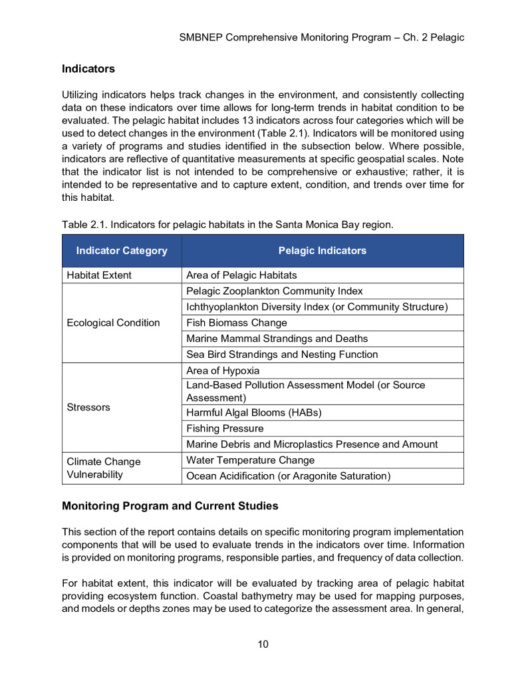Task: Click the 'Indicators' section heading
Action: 88,68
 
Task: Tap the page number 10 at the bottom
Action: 263,644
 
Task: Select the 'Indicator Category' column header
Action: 122,251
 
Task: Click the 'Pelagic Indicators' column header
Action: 322,251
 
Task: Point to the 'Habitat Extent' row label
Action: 99,275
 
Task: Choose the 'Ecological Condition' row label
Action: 113,323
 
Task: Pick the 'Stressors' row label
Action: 88,407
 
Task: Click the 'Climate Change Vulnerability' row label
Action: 104,468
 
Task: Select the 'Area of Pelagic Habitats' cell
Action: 241,275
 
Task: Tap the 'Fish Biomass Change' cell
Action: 237,323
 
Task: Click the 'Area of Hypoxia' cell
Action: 223,370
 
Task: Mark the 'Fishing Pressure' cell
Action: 225,428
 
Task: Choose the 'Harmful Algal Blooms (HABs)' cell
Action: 254,412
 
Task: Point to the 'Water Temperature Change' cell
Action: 251,460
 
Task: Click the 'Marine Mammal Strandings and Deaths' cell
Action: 277,339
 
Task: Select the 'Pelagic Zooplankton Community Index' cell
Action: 275,291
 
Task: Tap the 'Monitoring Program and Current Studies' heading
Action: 170,506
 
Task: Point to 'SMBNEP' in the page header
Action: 201,37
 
